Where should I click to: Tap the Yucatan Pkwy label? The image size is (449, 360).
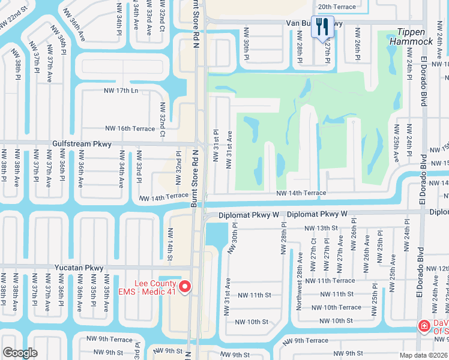pos(77,268)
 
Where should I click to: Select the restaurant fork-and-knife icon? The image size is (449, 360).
pos(323,26)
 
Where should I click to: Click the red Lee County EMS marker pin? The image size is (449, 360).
pos(185,288)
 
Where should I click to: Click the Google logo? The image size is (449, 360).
pos(20,353)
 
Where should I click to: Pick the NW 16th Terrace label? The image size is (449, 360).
pos(130,128)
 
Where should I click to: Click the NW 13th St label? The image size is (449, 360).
pos(321,228)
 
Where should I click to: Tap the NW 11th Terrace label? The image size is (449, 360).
pos(330,280)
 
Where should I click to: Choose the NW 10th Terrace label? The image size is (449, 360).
pos(342,307)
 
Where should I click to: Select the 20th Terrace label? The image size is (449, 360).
pos(337,7)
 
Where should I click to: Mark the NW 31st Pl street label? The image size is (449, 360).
pos(215,145)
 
